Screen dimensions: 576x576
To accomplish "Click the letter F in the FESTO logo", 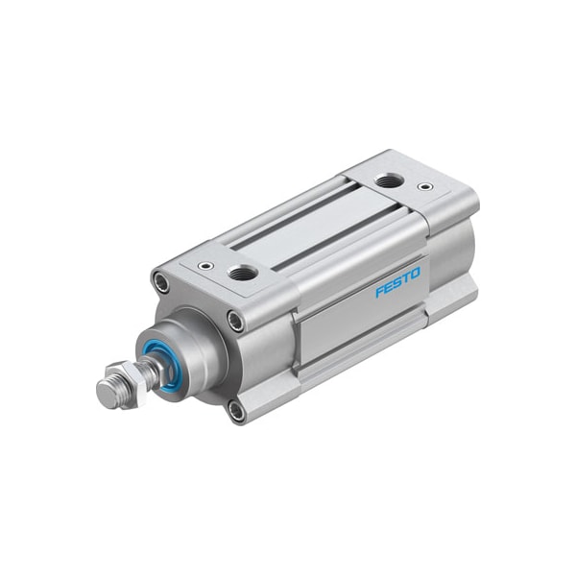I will click(379, 293).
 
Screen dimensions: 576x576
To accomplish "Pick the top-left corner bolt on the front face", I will click(159, 283).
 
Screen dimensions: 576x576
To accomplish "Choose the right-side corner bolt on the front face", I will click(235, 322).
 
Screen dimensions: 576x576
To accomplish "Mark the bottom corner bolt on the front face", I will click(235, 411).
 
